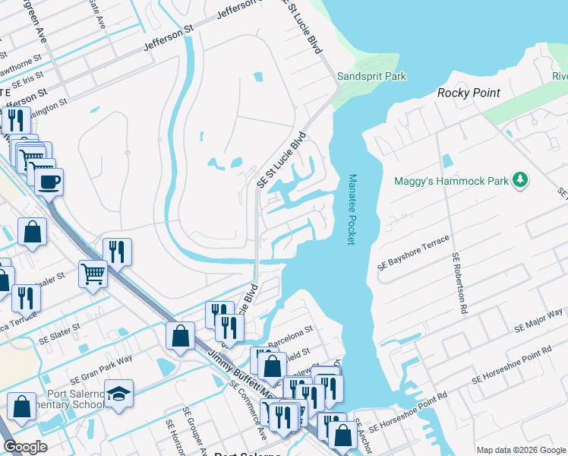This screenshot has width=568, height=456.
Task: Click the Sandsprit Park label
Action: (x=372, y=76)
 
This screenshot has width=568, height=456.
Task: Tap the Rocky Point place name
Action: (x=469, y=93)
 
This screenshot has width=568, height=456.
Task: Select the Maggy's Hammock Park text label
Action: (x=451, y=181)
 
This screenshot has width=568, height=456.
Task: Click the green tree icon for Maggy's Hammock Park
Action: (x=520, y=180)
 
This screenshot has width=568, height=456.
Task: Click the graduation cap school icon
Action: (x=119, y=394)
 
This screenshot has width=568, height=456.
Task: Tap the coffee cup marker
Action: (x=49, y=182)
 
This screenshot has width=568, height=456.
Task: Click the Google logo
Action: (x=26, y=447)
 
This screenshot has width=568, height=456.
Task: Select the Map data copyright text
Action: (x=520, y=450)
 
